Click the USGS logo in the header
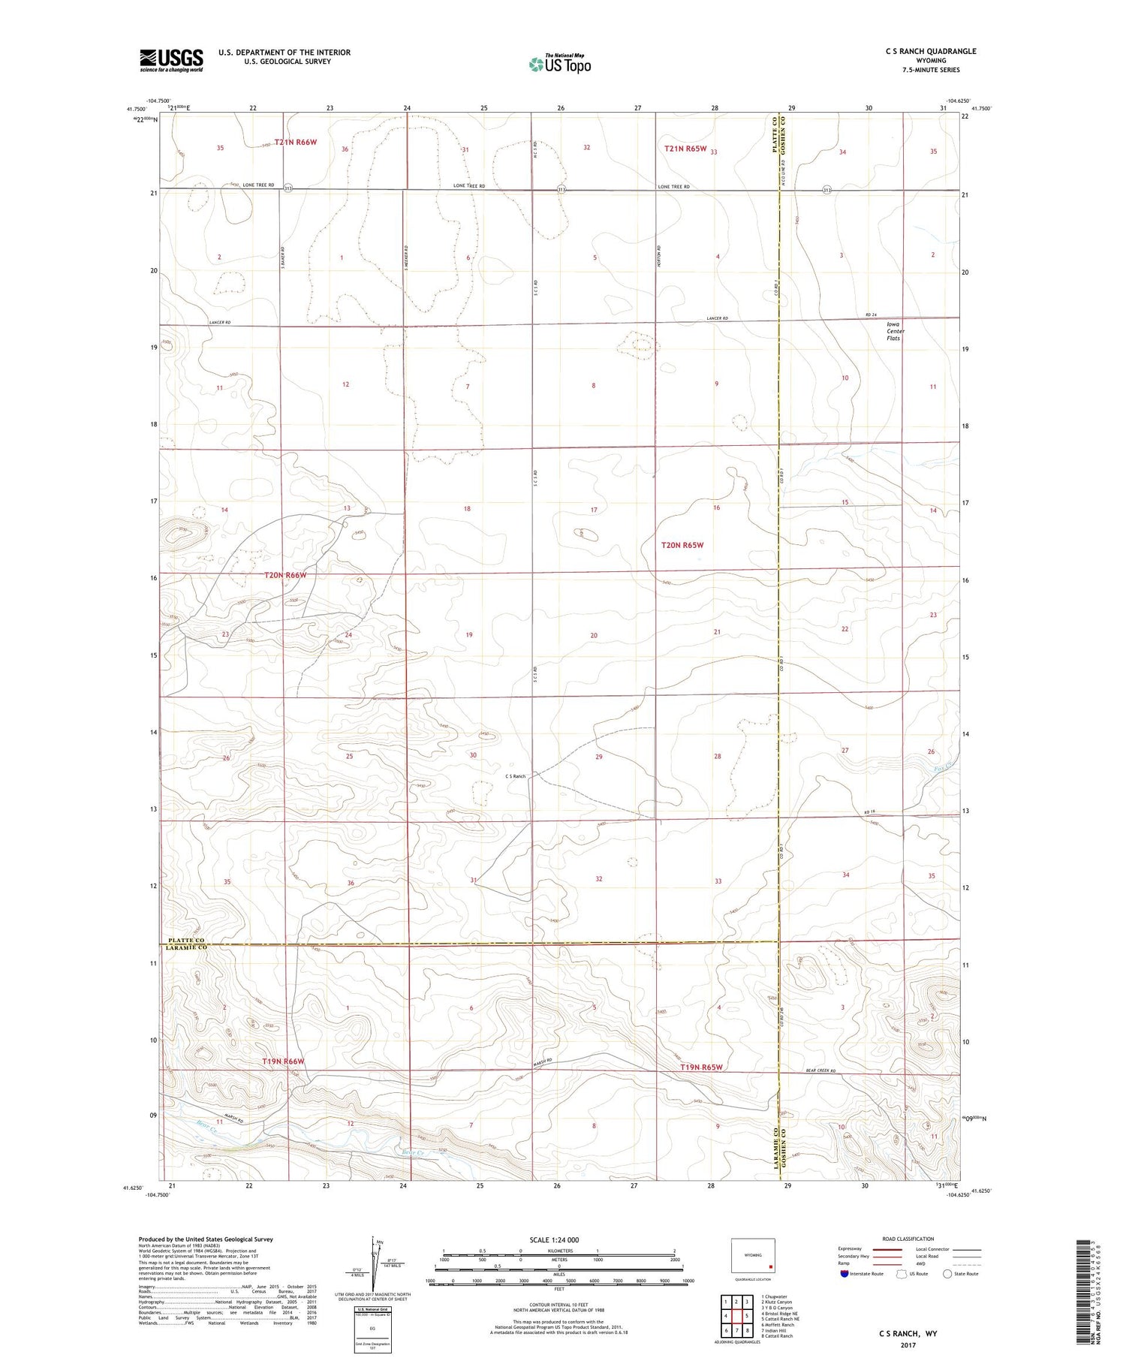click(171, 60)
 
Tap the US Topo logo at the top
click(559, 65)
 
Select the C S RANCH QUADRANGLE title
click(931, 51)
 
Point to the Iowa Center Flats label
click(894, 331)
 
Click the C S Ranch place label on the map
click(515, 775)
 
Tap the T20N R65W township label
click(682, 545)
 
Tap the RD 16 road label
click(869, 812)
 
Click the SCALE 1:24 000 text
click(558, 1239)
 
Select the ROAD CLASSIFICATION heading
click(908, 1239)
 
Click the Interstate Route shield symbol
click(844, 1274)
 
